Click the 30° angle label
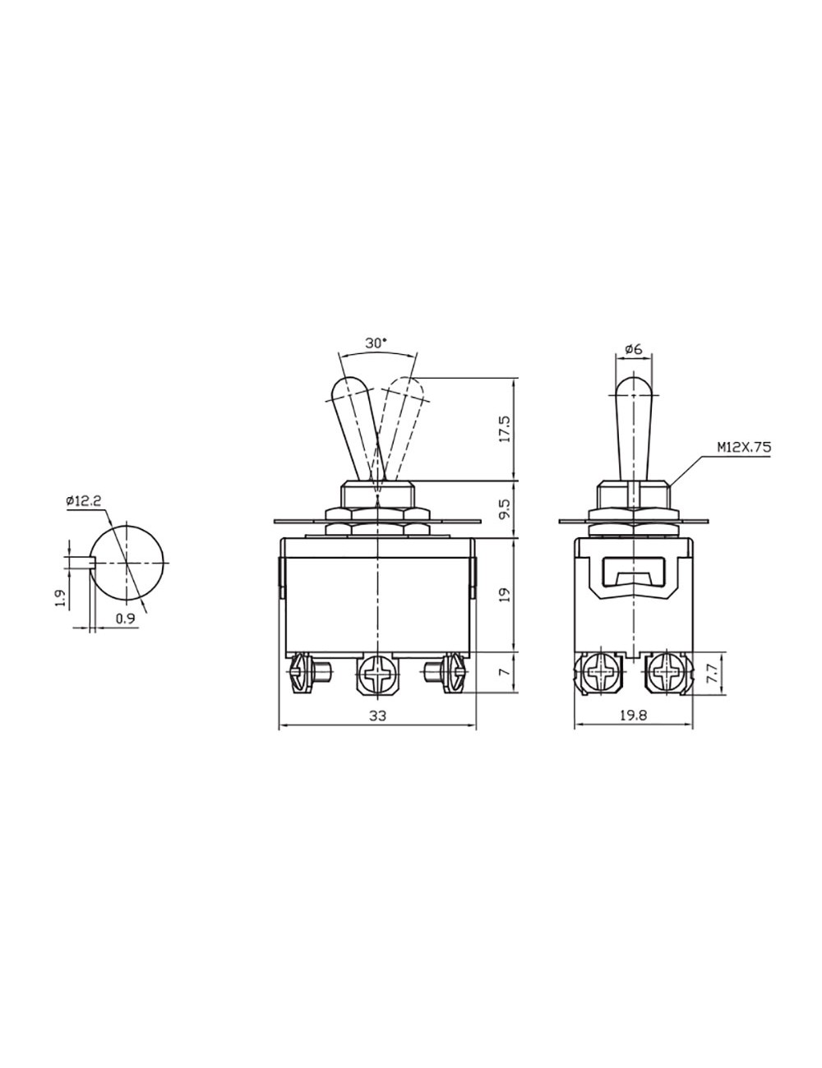[x=376, y=343]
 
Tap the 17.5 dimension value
[x=505, y=429]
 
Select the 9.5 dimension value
[x=505, y=509]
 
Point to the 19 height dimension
[x=505, y=595]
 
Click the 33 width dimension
[x=377, y=716]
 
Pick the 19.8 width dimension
[x=633, y=716]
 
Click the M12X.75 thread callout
[x=743, y=448]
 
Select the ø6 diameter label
[x=634, y=349]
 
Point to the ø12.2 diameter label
[x=84, y=501]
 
